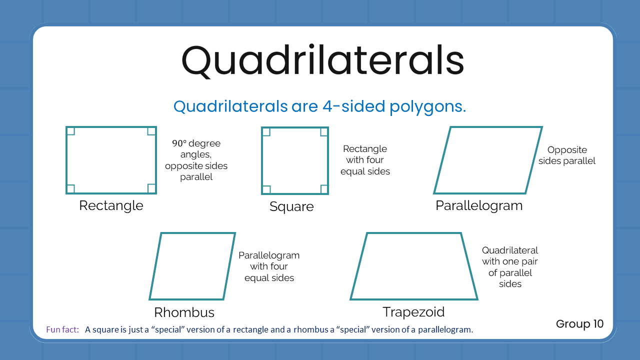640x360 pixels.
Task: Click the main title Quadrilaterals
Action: [322, 61]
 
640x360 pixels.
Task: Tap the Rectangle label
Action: [111, 205]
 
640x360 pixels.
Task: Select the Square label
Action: [291, 206]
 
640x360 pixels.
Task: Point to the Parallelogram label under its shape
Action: [479, 205]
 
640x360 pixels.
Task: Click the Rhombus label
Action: [184, 312]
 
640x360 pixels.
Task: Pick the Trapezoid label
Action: [413, 312]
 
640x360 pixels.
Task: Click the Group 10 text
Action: [579, 324]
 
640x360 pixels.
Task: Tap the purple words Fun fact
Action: [62, 329]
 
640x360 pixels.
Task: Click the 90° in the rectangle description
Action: [179, 143]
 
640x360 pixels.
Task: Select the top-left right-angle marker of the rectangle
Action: [70, 131]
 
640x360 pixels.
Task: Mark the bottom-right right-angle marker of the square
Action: [324, 189]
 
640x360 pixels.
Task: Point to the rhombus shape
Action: [192, 266]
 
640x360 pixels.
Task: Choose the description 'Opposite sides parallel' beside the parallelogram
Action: [567, 155]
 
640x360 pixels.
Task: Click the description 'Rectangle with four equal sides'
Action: [365, 160]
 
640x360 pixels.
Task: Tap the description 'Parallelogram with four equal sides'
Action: [269, 266]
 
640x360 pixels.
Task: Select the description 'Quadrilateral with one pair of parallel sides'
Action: [510, 267]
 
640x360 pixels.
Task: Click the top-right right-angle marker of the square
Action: [324, 131]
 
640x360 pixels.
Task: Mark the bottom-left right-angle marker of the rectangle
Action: [70, 188]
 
